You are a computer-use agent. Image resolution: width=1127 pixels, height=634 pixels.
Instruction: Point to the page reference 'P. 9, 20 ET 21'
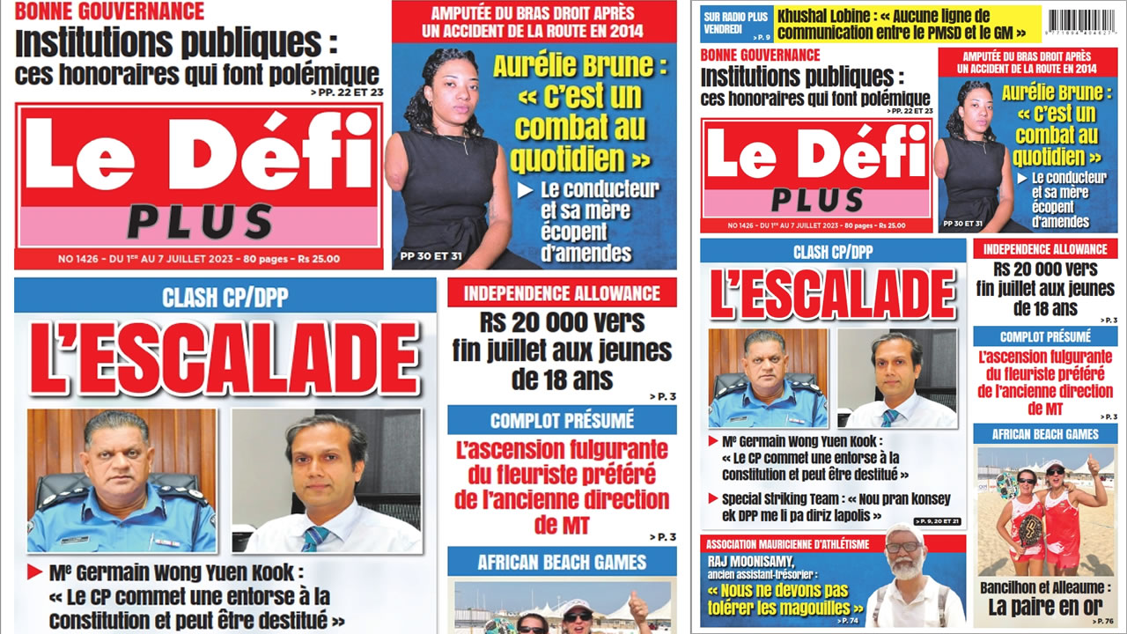coord(937,522)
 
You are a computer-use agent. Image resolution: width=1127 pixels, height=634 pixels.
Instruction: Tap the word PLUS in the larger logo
coord(199,221)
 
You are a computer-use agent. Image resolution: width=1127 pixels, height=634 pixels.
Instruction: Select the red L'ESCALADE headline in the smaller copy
coord(832,294)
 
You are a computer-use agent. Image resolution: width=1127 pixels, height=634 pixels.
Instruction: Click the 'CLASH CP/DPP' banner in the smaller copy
coord(832,252)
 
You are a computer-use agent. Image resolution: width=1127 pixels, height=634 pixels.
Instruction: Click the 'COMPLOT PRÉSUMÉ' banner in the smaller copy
coord(1045,336)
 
